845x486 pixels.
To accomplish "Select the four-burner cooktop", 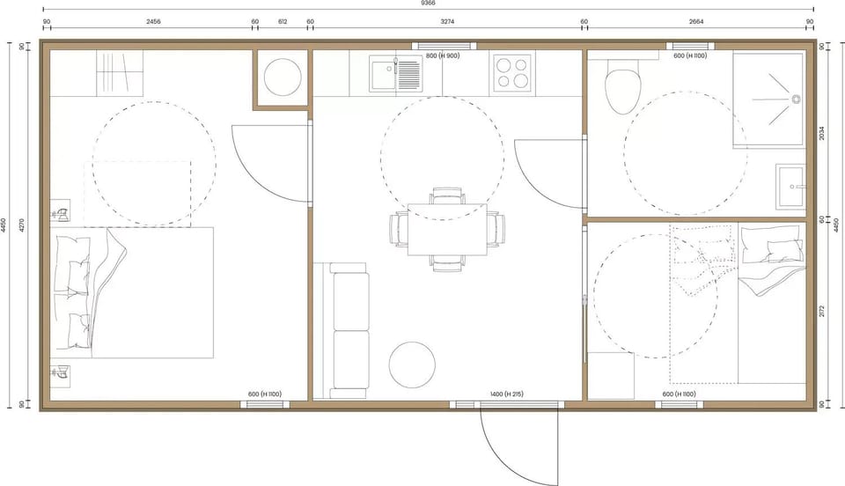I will coord(512,72).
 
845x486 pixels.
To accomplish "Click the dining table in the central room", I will coord(447,231).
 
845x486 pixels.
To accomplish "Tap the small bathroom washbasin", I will coord(791,186).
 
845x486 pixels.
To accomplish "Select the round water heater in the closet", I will coord(282,76).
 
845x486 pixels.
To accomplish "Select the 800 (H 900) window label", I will coord(443,56).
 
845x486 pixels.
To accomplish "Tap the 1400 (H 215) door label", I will coord(506,394).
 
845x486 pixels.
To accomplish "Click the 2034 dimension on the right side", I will coord(822,132).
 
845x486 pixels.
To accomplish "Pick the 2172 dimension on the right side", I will coord(822,310).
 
